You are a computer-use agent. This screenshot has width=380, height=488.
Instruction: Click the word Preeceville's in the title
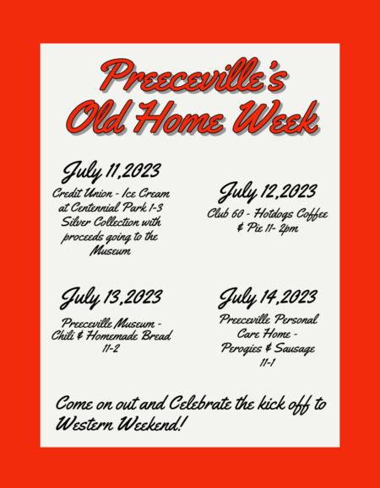(x=193, y=76)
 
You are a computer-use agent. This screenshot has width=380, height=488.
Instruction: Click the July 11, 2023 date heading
(x=111, y=171)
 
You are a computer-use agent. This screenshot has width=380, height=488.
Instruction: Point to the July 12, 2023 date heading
(x=267, y=192)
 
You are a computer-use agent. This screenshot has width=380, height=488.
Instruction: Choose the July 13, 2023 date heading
(x=111, y=298)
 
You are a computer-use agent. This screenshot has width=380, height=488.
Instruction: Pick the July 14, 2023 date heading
(x=267, y=298)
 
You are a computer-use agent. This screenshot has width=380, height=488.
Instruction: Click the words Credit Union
(x=82, y=194)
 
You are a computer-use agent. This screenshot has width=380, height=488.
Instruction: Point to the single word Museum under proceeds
(x=111, y=250)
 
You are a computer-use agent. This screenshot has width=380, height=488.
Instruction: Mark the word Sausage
(x=294, y=349)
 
